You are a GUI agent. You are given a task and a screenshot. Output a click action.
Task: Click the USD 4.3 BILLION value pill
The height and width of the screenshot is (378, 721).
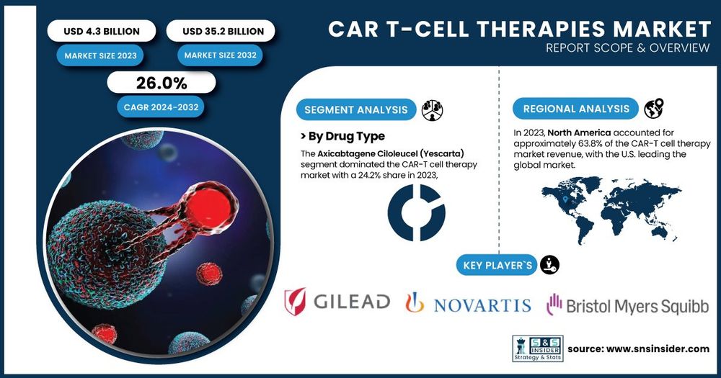pyautogui.click(x=102, y=31)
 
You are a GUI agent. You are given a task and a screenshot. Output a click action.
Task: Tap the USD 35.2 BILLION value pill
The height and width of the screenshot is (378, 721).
pyautogui.click(x=221, y=31)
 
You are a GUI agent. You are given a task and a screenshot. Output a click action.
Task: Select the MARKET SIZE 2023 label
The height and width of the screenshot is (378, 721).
pyautogui.click(x=100, y=55)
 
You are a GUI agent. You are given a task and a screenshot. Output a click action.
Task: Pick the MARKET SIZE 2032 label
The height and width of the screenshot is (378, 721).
pyautogui.click(x=220, y=55)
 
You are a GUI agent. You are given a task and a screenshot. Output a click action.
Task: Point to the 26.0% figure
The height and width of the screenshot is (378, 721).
pyautogui.click(x=162, y=83)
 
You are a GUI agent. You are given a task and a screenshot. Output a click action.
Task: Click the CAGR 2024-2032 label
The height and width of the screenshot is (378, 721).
pyautogui.click(x=161, y=107)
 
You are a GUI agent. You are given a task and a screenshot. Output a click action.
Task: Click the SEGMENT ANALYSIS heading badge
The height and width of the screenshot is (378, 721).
pyautogui.click(x=356, y=109)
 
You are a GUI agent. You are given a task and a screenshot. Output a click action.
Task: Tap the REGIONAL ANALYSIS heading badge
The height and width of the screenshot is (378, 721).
pyautogui.click(x=575, y=109)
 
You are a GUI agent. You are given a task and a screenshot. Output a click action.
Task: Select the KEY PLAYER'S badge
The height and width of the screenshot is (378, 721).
pyautogui.click(x=497, y=265)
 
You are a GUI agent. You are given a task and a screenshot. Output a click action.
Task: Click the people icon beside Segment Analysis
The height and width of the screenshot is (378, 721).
pyautogui.click(x=432, y=110)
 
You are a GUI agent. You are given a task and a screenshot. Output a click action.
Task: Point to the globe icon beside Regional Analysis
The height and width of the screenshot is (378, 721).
pyautogui.click(x=653, y=109)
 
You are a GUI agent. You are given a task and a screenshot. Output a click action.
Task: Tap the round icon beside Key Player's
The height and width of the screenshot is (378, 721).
pyautogui.click(x=549, y=265)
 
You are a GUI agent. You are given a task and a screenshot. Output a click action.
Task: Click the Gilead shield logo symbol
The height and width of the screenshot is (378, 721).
pyautogui.click(x=295, y=302)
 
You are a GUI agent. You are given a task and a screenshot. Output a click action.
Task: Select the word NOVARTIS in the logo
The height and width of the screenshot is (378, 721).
pyautogui.click(x=482, y=305)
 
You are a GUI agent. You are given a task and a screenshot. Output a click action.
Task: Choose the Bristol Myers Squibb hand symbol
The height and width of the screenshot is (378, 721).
pyautogui.click(x=554, y=305)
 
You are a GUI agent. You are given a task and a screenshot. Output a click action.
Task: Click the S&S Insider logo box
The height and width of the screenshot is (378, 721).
pyautogui.click(x=538, y=348)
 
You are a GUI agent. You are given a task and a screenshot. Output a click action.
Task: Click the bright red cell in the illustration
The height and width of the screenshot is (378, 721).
pyautogui.click(x=208, y=207)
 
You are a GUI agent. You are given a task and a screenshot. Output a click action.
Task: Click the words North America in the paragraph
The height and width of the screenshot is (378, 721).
pyautogui.click(x=579, y=132)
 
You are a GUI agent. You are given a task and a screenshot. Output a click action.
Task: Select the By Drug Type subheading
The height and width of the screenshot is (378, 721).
pyautogui.click(x=342, y=136)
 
